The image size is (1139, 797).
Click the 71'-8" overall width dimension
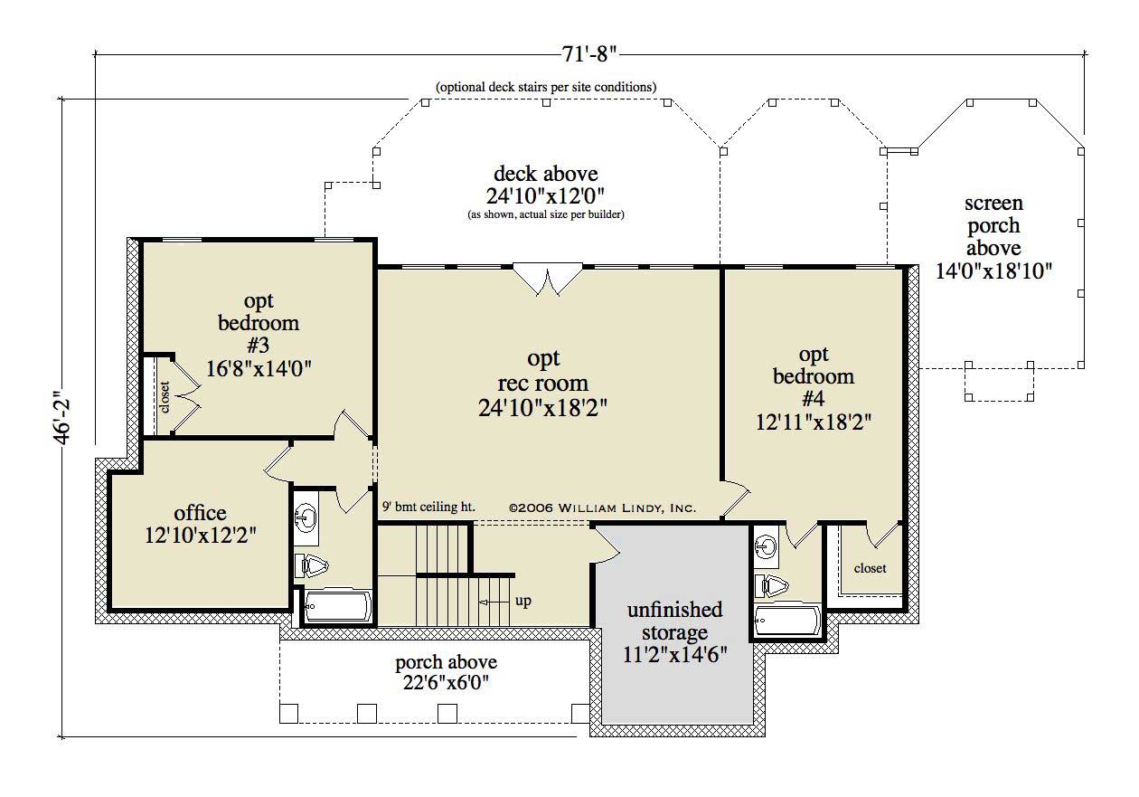(x=588, y=53)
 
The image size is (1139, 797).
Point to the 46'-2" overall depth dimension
(x=62, y=417)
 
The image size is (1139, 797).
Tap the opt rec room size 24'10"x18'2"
(x=542, y=408)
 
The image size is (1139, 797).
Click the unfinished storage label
(x=674, y=621)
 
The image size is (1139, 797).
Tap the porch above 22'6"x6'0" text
(x=446, y=672)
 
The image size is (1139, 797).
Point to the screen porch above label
(x=993, y=225)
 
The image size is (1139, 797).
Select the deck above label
(x=546, y=174)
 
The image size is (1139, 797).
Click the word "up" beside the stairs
(x=523, y=601)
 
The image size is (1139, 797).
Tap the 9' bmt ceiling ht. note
(x=428, y=507)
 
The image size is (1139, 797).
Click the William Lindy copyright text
(x=602, y=508)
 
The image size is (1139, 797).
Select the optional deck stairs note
(x=546, y=87)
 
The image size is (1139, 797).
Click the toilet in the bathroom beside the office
(x=312, y=565)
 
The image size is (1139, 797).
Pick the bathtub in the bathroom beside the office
(x=338, y=606)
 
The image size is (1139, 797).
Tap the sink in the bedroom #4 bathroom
(x=766, y=547)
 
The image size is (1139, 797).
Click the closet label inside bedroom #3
(x=165, y=397)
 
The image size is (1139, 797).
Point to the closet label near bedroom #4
(x=870, y=568)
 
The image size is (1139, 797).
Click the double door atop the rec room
(x=548, y=279)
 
